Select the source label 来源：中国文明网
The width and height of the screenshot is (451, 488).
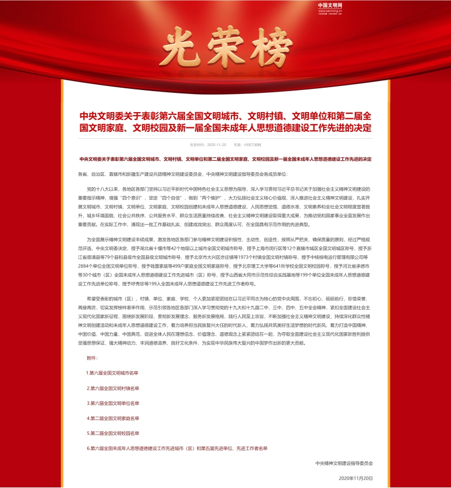click(x=249, y=145)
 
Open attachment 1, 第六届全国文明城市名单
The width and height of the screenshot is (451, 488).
click(x=112, y=373)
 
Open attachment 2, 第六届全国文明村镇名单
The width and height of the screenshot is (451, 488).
click(x=112, y=388)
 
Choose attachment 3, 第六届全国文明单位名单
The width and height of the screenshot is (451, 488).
click(x=112, y=403)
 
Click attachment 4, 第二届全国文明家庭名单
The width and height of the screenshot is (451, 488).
click(x=112, y=418)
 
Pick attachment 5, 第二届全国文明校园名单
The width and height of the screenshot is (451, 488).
click(x=112, y=433)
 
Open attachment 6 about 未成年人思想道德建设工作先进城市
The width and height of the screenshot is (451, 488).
click(x=177, y=448)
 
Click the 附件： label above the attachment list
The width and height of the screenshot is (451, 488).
click(x=92, y=358)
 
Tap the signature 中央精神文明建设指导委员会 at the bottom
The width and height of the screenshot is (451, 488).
click(x=344, y=463)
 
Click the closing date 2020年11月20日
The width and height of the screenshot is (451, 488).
click(x=356, y=478)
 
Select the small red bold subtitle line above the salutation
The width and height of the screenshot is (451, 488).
click(x=225, y=159)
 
